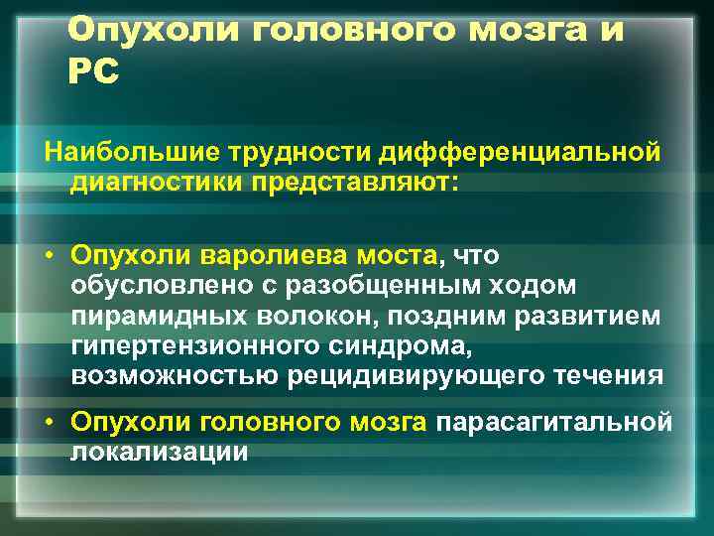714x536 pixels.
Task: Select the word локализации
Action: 159,452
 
